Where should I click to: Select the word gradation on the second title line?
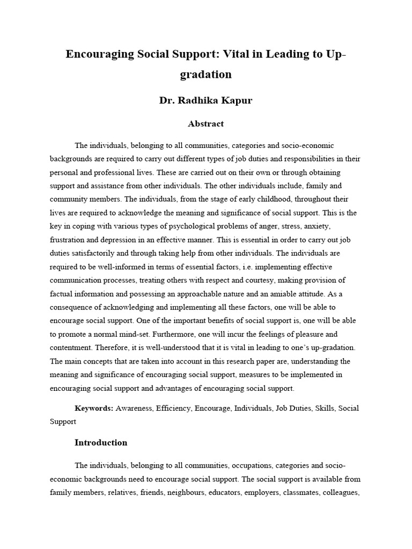[206, 75]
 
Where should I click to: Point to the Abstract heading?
[205, 124]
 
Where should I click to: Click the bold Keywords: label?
[94, 408]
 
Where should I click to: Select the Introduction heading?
[101, 443]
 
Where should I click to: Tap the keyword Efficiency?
[174, 408]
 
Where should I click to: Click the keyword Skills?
[323, 408]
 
